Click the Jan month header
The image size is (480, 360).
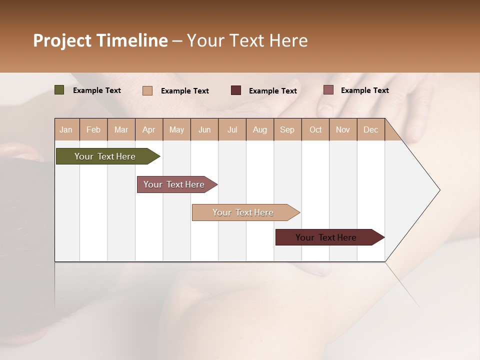tap(66, 129)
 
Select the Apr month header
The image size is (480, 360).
tap(148, 129)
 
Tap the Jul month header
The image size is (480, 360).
tap(232, 129)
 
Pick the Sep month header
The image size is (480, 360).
tap(287, 129)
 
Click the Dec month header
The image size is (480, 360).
tap(370, 129)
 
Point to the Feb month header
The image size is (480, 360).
tap(93, 129)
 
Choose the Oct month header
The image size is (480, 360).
tap(315, 129)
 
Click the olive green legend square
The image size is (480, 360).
tap(59, 90)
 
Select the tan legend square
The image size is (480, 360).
tap(147, 90)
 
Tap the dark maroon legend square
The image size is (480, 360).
tap(236, 90)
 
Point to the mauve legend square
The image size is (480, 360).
tap(328, 90)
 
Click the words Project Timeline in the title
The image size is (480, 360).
tap(100, 40)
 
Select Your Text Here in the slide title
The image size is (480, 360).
tap(247, 40)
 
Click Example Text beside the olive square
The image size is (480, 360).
tap(97, 90)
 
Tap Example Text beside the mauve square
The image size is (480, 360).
tap(364, 90)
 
